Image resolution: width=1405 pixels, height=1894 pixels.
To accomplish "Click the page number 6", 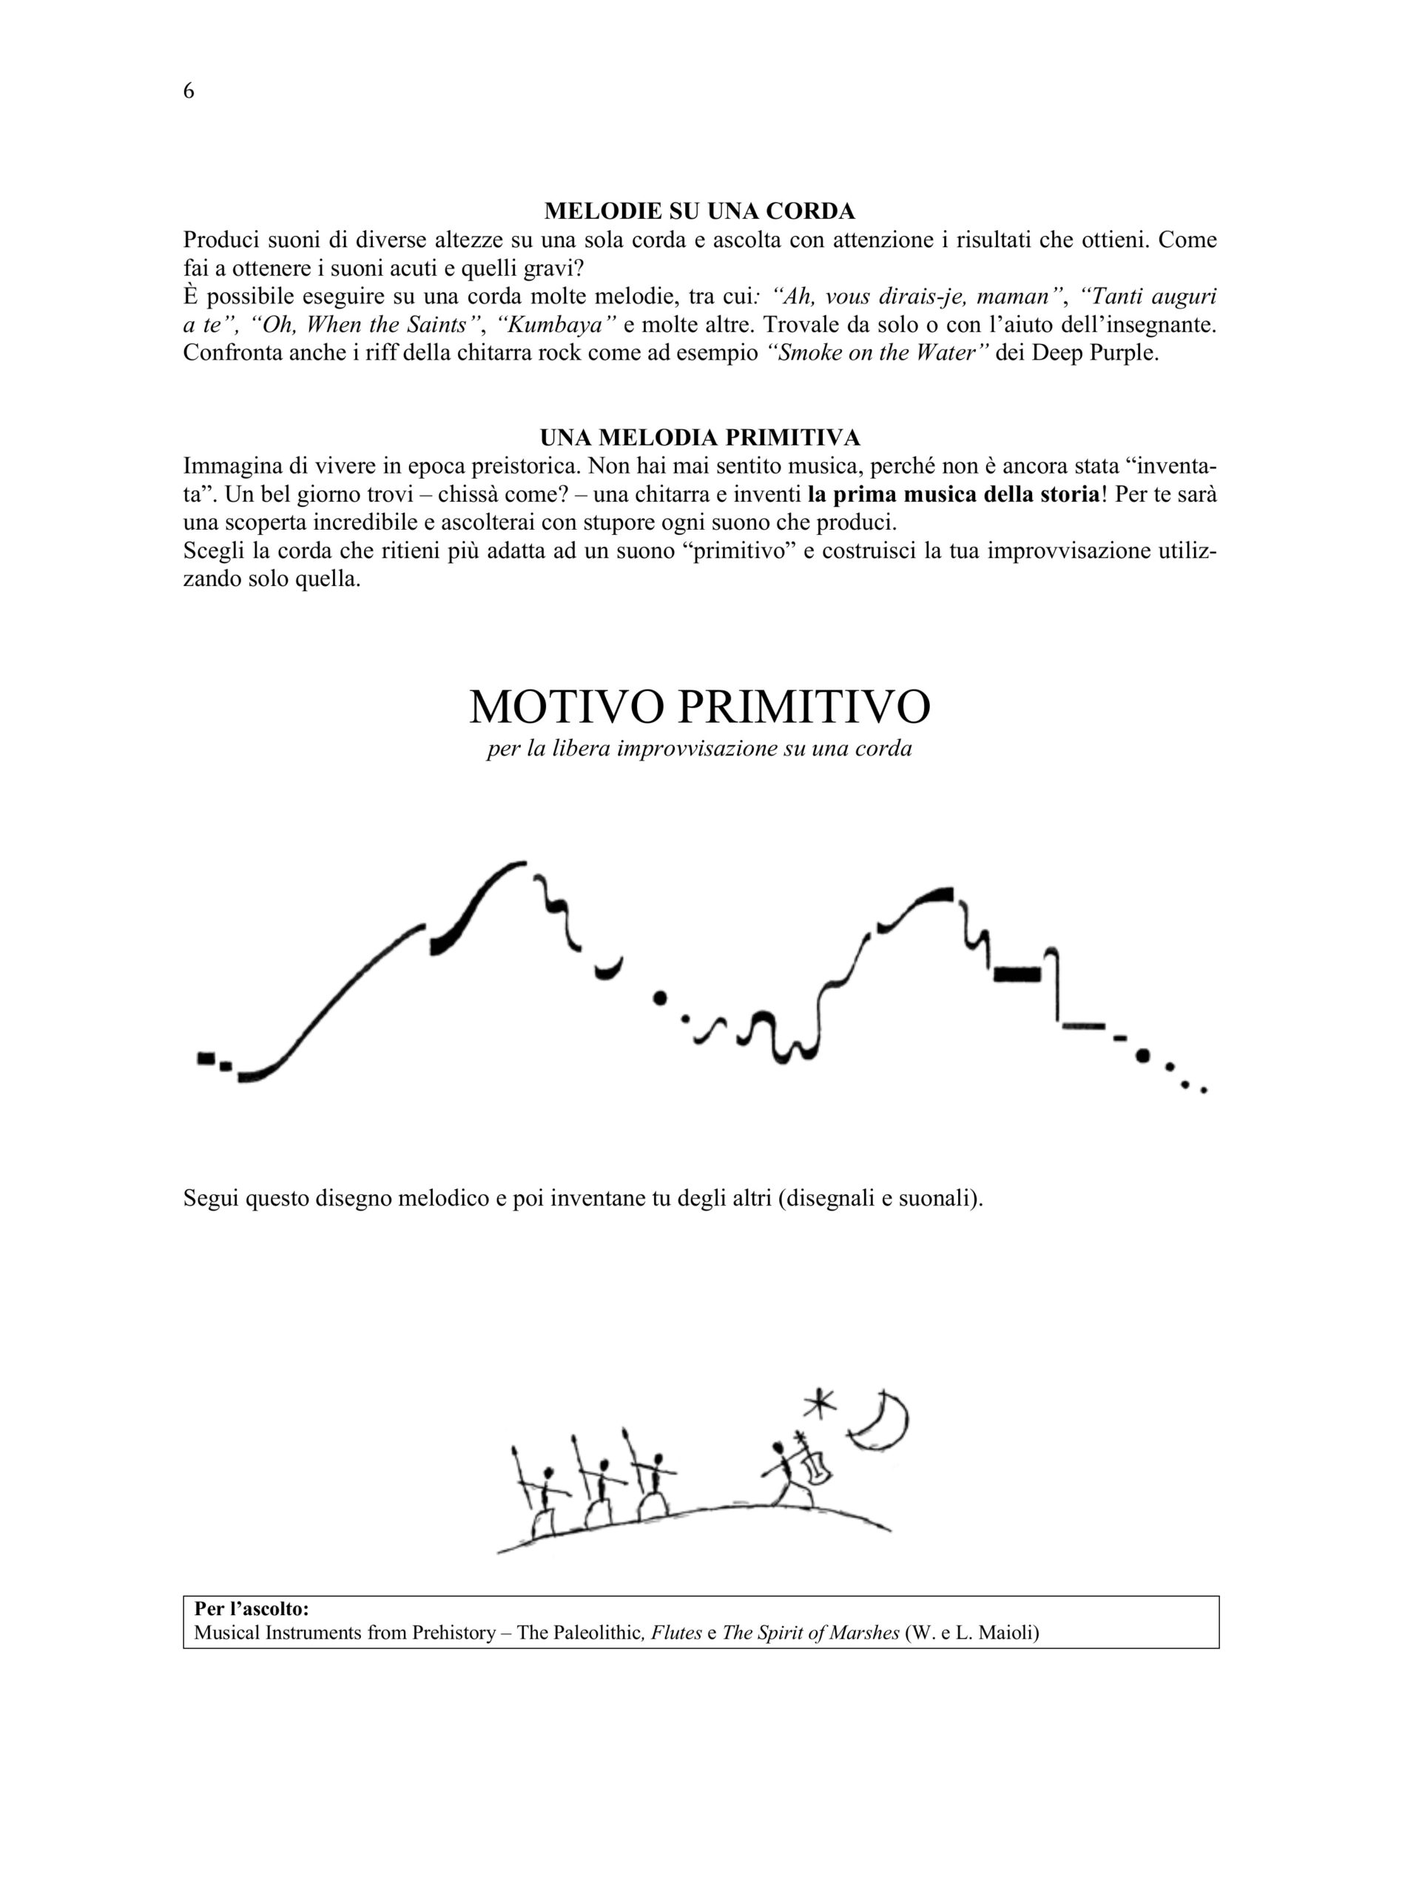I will point(189,91).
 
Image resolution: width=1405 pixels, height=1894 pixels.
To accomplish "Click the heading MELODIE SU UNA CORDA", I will point(699,210).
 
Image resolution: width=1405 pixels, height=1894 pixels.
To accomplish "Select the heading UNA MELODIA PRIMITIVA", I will point(699,437).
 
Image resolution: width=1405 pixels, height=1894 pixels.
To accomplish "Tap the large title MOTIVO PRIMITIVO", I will point(699,706).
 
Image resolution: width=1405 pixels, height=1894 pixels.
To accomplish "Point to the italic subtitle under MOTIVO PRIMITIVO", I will point(699,749).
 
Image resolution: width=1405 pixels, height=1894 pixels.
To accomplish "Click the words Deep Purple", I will point(1094,353).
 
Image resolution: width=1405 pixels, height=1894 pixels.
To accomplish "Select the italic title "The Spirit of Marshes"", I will point(810,1632).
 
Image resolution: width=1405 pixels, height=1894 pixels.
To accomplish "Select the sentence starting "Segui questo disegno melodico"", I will point(582,1199).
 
